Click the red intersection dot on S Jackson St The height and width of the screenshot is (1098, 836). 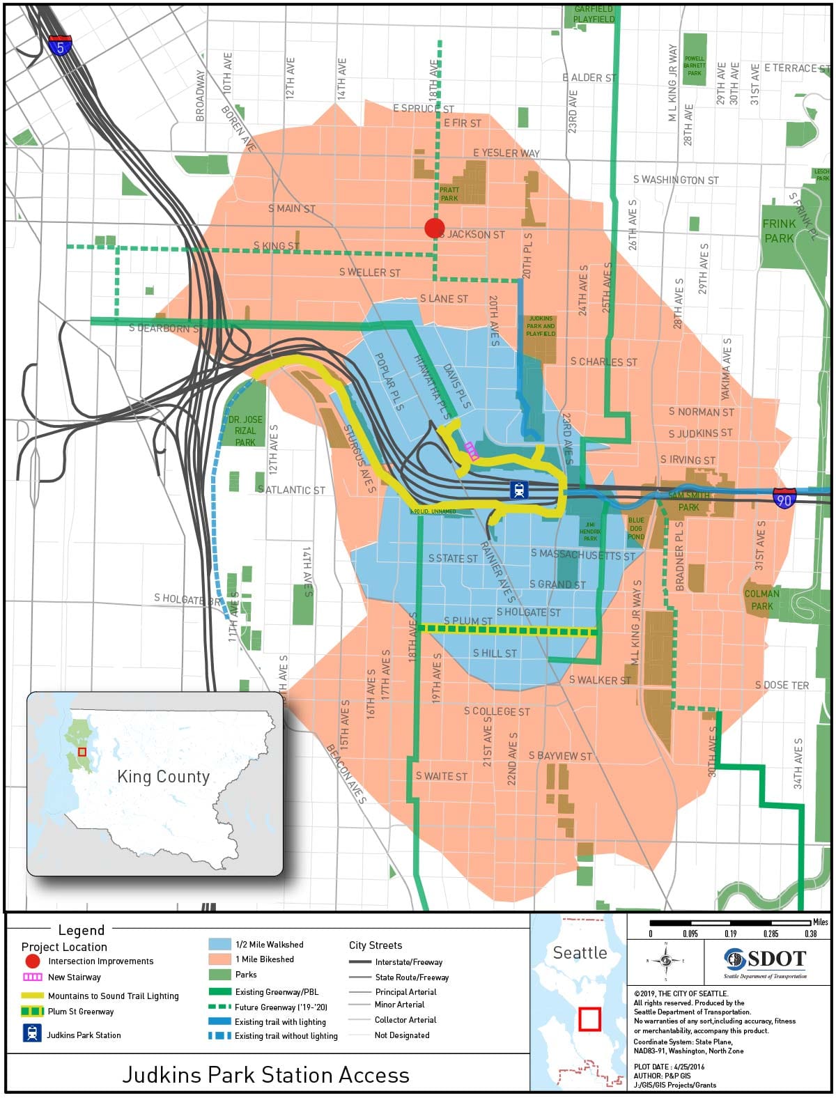pyautogui.click(x=434, y=228)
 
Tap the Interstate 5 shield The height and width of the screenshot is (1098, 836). pyautogui.click(x=61, y=45)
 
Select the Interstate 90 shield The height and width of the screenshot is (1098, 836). pyautogui.click(x=784, y=498)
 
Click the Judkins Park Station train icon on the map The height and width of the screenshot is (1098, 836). pyautogui.click(x=519, y=490)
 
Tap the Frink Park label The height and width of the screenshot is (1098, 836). pyautogui.click(x=779, y=231)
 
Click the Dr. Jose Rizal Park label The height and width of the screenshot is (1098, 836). pyautogui.click(x=245, y=431)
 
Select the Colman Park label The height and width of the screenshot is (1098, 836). pyautogui.click(x=761, y=600)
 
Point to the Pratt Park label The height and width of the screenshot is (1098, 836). pyautogui.click(x=449, y=194)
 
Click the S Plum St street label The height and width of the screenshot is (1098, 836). pyautogui.click(x=468, y=620)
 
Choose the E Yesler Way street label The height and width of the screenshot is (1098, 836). pyautogui.click(x=506, y=153)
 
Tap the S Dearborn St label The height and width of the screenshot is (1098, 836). pyautogui.click(x=164, y=327)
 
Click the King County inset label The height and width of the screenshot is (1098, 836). pyautogui.click(x=163, y=777)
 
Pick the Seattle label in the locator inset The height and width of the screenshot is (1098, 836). pyautogui.click(x=580, y=952)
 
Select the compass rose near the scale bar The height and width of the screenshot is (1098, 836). pyautogui.click(x=666, y=961)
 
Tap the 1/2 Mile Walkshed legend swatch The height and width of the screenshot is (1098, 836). pyautogui.click(x=219, y=945)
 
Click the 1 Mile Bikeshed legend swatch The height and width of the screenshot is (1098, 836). pyautogui.click(x=219, y=959)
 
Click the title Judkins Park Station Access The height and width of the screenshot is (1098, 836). pyautogui.click(x=265, y=1074)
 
